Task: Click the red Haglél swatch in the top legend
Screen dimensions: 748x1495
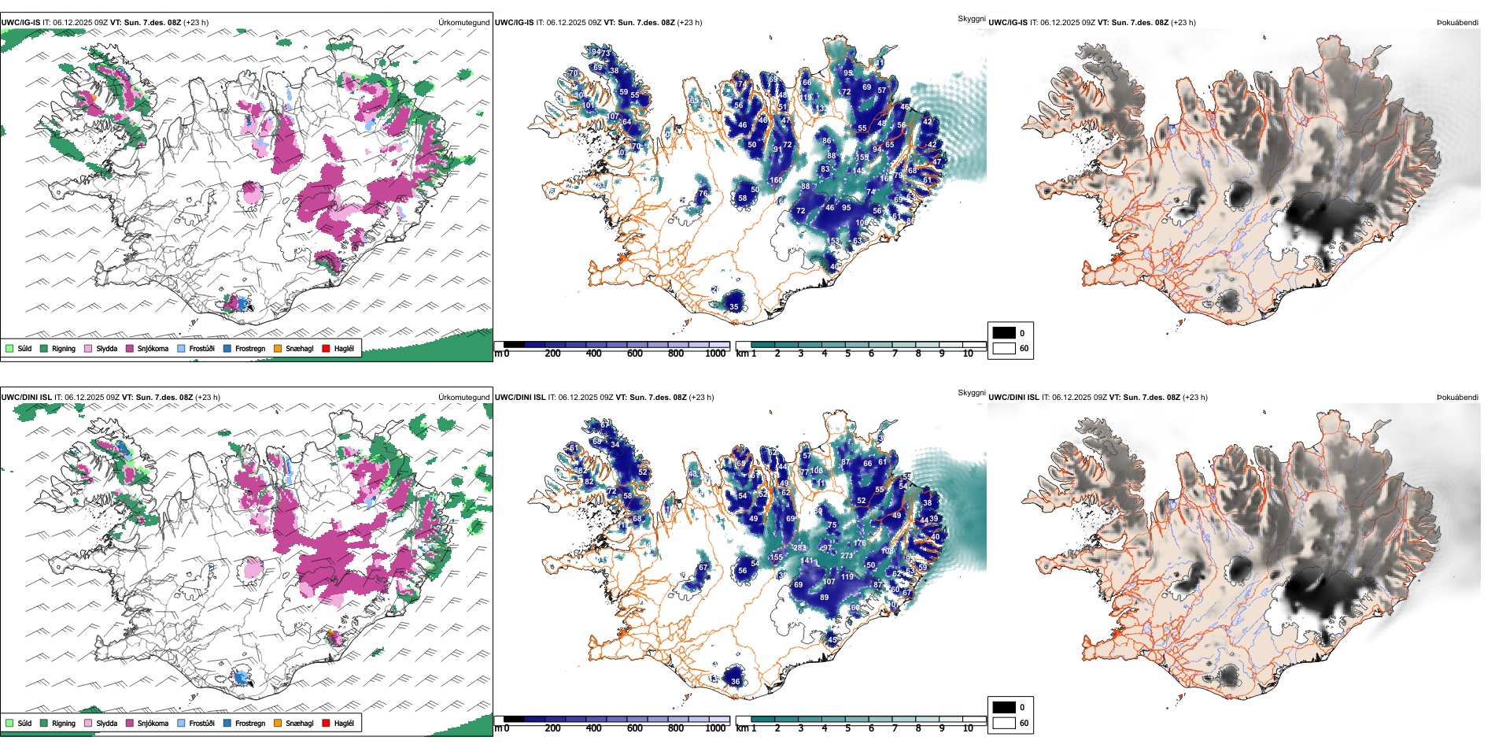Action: tap(326, 348)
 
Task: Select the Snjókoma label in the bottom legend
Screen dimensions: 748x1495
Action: tap(153, 723)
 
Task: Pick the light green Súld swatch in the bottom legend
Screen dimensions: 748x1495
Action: tap(9, 723)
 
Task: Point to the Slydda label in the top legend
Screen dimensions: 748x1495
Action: tap(106, 348)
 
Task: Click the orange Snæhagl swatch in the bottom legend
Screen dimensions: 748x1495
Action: tap(278, 723)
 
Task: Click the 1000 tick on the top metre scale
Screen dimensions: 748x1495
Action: tap(715, 354)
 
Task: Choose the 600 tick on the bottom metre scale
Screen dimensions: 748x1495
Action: tap(635, 728)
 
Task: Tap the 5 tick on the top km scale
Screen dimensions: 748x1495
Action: tap(847, 354)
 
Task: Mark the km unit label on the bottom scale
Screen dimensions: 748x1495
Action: tap(742, 728)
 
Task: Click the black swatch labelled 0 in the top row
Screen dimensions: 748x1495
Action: tap(1004, 332)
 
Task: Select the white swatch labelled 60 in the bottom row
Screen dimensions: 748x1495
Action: tap(1004, 723)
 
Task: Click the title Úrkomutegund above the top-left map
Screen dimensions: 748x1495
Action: tap(463, 23)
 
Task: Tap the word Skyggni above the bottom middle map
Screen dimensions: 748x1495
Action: tap(971, 392)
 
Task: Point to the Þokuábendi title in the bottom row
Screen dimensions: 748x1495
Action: tap(1457, 398)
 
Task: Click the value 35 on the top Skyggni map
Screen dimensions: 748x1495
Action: tap(734, 307)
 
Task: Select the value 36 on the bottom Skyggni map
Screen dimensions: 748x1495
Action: tap(736, 682)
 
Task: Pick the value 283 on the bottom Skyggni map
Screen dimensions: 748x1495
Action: tap(799, 548)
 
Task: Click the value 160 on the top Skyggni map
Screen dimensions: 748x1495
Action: tap(776, 180)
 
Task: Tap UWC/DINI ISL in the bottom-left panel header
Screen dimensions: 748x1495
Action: tap(26, 398)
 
